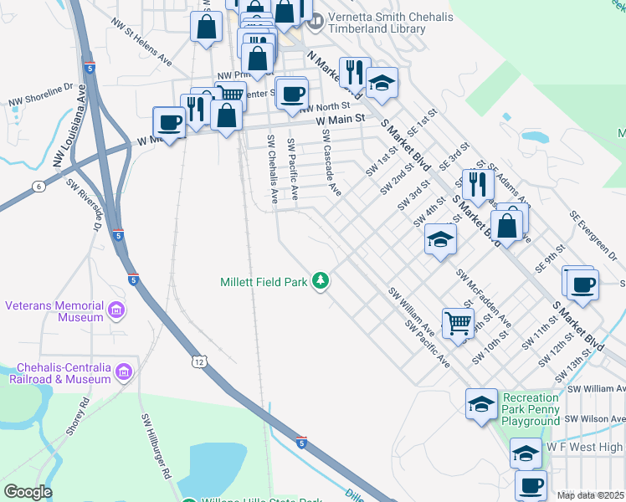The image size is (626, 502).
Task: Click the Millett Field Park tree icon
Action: click(319, 281)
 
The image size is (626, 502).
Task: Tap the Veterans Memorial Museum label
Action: click(54, 311)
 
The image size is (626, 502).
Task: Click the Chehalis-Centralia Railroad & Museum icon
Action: click(124, 371)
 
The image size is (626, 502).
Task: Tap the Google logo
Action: click(27, 491)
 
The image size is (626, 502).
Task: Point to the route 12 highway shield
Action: click(198, 361)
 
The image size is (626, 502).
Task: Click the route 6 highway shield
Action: click(38, 185)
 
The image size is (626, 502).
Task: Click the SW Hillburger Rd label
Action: click(156, 445)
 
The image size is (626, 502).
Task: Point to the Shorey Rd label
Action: click(83, 417)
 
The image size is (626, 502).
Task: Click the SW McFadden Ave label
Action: click(484, 296)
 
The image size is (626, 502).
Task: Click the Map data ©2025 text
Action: click(590, 495)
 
